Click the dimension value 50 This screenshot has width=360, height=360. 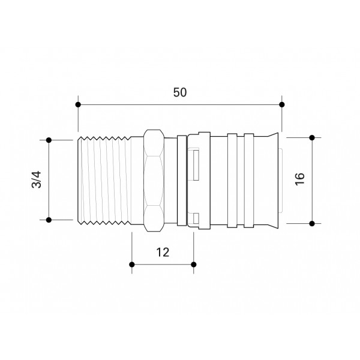pyautogui.click(x=180, y=92)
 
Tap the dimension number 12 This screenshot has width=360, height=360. pyautogui.click(x=162, y=253)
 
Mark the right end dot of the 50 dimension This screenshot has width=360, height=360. pyautogui.click(x=282, y=104)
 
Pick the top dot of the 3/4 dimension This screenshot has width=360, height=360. pyautogui.click(x=50, y=140)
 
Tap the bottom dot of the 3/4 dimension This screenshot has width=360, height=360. pyautogui.click(x=50, y=220)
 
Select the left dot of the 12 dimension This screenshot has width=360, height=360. pyautogui.click(x=131, y=264)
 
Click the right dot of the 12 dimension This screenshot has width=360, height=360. pyautogui.click(x=193, y=264)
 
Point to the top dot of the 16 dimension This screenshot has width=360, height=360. pyautogui.click(x=312, y=137)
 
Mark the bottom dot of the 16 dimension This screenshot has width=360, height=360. pyautogui.click(x=312, y=223)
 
